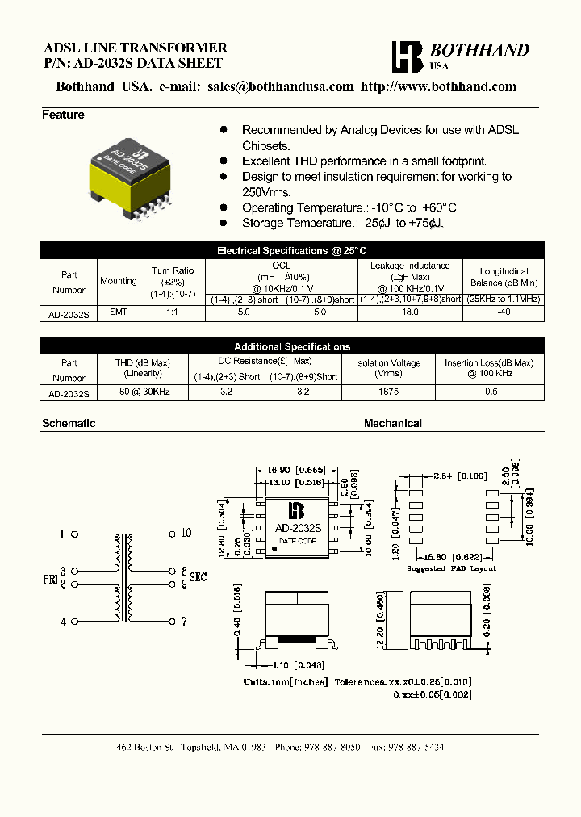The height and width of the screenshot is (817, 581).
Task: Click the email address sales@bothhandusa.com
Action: [280, 87]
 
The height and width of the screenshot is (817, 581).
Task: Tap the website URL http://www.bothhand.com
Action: [438, 87]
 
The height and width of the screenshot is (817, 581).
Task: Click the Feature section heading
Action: [63, 115]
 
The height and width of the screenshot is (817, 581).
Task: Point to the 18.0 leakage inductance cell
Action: [410, 311]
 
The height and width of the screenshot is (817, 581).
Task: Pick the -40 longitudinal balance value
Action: [504, 311]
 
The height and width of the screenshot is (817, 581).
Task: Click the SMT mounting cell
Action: [118, 311]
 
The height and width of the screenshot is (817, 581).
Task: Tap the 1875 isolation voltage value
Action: [388, 392]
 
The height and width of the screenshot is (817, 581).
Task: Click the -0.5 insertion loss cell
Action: [488, 392]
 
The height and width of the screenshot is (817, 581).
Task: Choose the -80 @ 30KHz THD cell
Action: [143, 392]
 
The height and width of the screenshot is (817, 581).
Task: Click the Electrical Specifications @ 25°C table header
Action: [291, 251]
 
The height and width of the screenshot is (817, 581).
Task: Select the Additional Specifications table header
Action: [291, 346]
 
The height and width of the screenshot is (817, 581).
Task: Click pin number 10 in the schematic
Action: [186, 533]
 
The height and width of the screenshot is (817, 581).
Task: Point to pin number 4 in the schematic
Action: [62, 622]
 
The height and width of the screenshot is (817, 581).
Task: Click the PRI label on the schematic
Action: [48, 578]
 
